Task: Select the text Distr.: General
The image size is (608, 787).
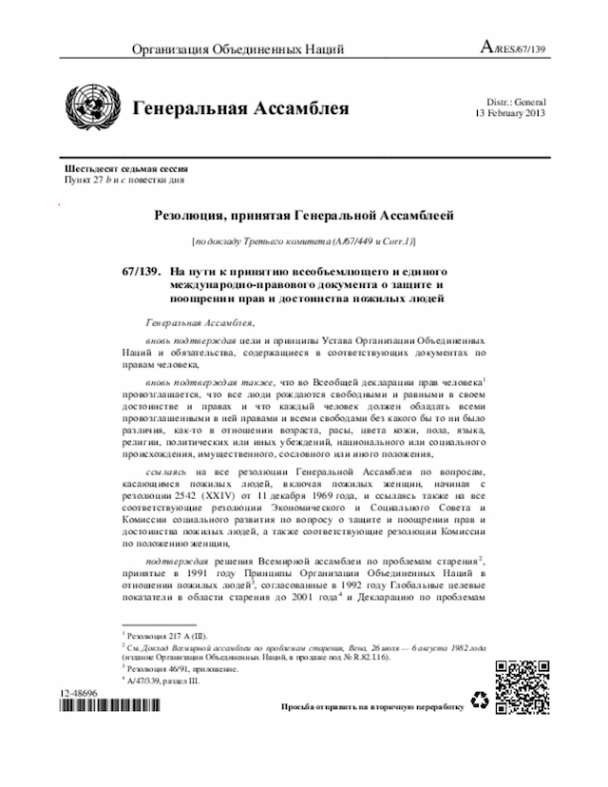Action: tap(515, 102)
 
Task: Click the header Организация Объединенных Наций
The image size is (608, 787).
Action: tap(237, 49)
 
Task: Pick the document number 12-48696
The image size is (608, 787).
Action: tap(83, 696)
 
